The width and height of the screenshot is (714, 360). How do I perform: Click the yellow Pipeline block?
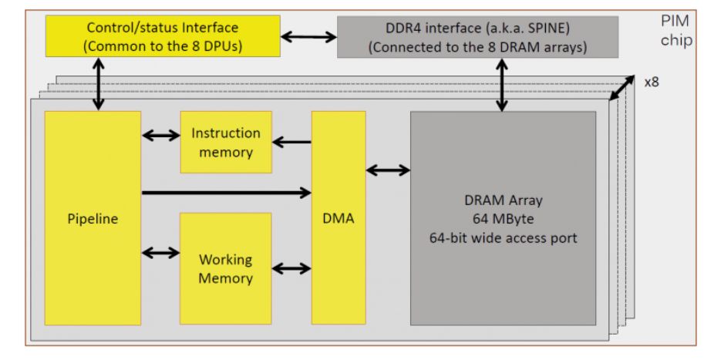click(x=93, y=218)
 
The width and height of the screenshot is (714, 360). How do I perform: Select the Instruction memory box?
click(x=226, y=143)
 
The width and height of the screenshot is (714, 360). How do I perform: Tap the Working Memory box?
click(x=226, y=268)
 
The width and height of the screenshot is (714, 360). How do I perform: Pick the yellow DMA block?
click(x=338, y=218)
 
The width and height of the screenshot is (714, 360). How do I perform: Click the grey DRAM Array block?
click(x=503, y=218)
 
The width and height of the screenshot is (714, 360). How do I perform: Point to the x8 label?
click(x=651, y=82)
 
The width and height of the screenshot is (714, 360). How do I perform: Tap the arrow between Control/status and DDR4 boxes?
click(x=308, y=35)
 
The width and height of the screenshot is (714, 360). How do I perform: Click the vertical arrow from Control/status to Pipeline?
click(x=99, y=86)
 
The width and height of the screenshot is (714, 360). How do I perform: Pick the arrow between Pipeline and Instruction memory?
click(x=160, y=136)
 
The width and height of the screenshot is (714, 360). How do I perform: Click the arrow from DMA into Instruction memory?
click(x=291, y=142)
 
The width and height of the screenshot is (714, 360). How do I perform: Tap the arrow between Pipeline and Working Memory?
click(x=160, y=252)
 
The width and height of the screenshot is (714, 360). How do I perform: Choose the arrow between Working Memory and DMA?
click(x=291, y=268)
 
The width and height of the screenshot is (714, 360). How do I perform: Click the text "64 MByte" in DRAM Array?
click(x=503, y=219)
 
